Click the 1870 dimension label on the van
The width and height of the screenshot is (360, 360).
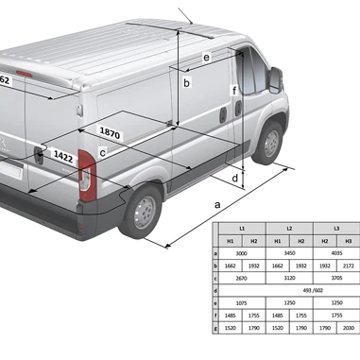pos(111,135)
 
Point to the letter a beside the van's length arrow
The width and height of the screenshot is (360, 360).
pos(217,204)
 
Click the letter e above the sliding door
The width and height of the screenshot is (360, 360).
pos(205,58)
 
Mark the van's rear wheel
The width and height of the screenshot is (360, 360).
pos(143,211)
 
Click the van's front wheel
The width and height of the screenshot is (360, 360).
pos(271,141)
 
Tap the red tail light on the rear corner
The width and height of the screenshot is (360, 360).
pos(86,177)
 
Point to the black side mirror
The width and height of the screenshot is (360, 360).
pos(276,79)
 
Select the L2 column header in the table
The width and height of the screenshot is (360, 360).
pos(289,229)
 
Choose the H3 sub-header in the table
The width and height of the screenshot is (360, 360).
pos(348,241)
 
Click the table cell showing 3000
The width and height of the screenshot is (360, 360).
pos(241,253)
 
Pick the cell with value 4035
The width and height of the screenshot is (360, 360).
pos(336,253)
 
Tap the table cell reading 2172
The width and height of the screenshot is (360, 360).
pos(348,266)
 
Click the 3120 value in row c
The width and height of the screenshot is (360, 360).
pos(289,279)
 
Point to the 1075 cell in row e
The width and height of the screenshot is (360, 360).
pos(241,302)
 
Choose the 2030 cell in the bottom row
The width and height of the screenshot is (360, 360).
pos(348,327)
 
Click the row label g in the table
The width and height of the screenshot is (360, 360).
pos(216,327)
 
